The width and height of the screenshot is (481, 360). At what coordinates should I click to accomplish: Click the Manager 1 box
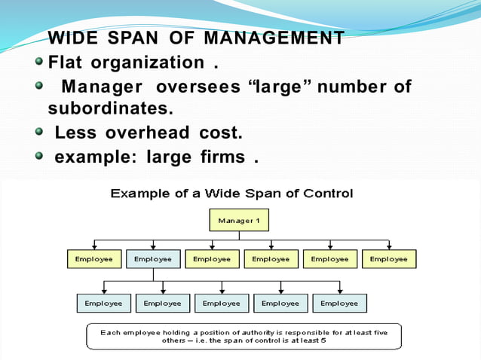[x=238, y=221]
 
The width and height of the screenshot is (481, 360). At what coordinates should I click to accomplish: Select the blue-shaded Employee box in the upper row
[x=153, y=259]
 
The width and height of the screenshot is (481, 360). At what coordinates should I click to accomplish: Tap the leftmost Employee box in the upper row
[x=94, y=259]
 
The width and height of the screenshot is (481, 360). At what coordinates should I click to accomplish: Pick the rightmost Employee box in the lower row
[x=339, y=304]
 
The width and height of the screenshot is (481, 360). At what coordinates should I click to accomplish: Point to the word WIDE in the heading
[x=71, y=38]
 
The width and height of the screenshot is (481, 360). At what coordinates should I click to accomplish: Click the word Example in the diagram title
[x=138, y=194]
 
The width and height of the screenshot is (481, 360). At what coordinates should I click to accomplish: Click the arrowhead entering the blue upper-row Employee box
[x=153, y=246]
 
